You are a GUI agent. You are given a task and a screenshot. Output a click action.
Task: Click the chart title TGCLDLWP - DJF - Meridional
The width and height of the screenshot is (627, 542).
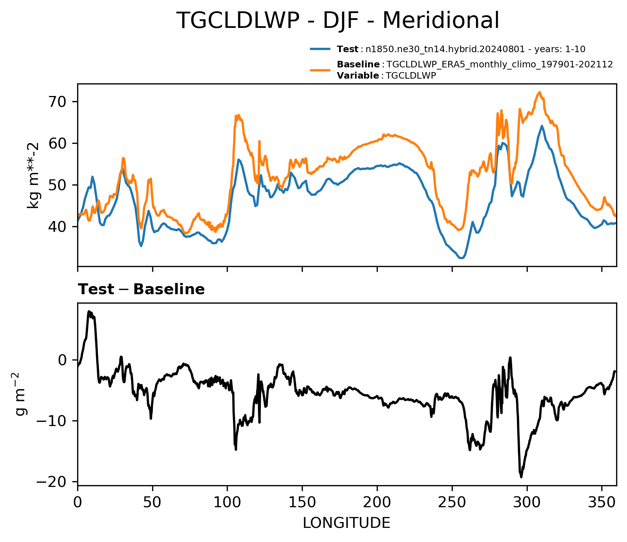tap(338, 21)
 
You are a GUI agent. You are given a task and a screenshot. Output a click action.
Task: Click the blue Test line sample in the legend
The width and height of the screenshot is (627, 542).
tap(320, 49)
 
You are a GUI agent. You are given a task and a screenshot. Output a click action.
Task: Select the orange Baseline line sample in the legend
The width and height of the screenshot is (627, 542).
tap(320, 70)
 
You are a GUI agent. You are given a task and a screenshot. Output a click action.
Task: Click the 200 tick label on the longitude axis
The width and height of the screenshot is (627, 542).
tap(377, 502)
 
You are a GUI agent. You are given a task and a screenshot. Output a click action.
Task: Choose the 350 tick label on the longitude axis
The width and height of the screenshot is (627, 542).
tap(602, 502)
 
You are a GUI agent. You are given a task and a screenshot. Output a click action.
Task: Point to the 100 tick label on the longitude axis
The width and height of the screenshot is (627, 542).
tap(227, 502)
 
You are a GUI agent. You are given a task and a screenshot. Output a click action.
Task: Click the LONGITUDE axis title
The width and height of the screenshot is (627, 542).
tap(347, 523)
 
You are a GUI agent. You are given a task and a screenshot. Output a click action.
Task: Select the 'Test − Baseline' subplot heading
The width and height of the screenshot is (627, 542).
tap(141, 289)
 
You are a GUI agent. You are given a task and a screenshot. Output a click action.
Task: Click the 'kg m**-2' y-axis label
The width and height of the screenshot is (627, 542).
tap(33, 176)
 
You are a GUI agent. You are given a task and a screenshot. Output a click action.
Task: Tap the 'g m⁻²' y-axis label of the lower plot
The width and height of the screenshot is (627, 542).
tap(21, 394)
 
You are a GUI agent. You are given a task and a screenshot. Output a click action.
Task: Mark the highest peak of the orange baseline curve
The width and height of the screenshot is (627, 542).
tap(539, 92)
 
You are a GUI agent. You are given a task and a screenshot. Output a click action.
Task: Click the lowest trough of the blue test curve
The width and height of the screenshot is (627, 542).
tap(461, 258)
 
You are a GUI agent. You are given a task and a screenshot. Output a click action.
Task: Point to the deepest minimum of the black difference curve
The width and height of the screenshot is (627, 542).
tap(521, 477)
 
